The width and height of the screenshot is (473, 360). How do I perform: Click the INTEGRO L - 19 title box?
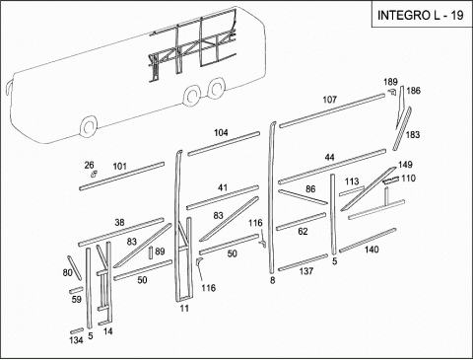pyautogui.click(x=421, y=14)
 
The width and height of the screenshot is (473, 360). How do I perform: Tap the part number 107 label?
pyautogui.click(x=329, y=100)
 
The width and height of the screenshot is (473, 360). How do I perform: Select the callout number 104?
pyautogui.click(x=221, y=132)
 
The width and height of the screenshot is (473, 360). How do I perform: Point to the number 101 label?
pyautogui.click(x=119, y=166)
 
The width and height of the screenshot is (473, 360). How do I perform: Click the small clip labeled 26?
pyautogui.click(x=94, y=174)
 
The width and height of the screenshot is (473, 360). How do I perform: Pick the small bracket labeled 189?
pyautogui.click(x=392, y=92)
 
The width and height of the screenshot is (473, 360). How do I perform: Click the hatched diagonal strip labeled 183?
pyautogui.click(x=401, y=128)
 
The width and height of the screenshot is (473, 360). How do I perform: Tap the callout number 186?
pyautogui.click(x=414, y=91)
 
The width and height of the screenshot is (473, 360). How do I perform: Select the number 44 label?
pyautogui.click(x=329, y=158)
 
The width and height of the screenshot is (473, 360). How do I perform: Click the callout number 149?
pyautogui.click(x=405, y=165)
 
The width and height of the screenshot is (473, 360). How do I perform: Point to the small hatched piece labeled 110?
pyautogui.click(x=391, y=180)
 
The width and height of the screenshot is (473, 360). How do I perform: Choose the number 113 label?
pyautogui.click(x=352, y=181)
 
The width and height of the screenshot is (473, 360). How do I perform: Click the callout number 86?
pyautogui.click(x=310, y=189)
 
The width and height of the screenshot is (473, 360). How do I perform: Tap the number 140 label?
pyautogui.click(x=372, y=250)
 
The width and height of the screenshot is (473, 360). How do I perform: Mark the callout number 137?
pyautogui.click(x=306, y=271)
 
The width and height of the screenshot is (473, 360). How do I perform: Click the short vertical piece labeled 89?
pyautogui.click(x=151, y=252)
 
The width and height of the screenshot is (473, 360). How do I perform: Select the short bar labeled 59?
pyautogui.click(x=76, y=290)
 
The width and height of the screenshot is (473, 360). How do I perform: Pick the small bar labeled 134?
pyautogui.click(x=77, y=330)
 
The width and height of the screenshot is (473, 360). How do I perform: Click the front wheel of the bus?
pyautogui.click(x=89, y=127)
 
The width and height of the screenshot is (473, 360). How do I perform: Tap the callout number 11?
pyautogui.click(x=184, y=309)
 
